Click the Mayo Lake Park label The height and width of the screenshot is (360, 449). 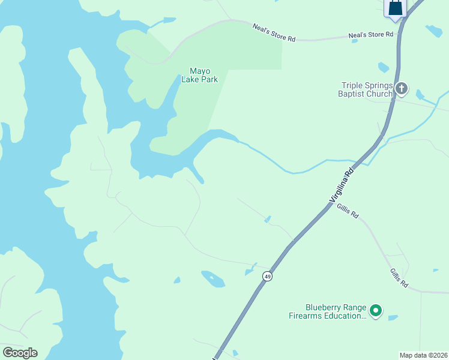click(x=199, y=74)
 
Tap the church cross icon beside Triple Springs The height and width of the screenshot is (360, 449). click(x=402, y=89)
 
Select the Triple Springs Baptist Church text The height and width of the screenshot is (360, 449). click(x=366, y=89)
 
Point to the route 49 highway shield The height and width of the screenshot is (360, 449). click(x=267, y=276)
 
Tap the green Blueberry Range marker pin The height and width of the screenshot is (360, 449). click(x=376, y=310)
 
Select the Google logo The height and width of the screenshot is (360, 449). click(x=20, y=353)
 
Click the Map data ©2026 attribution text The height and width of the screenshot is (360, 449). click(x=423, y=355)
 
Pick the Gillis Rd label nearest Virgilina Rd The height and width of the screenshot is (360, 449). click(x=348, y=211)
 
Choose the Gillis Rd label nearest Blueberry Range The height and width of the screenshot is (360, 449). click(x=399, y=277)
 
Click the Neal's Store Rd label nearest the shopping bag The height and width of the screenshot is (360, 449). click(x=371, y=35)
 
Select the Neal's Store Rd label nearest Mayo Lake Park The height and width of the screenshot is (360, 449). click(x=274, y=33)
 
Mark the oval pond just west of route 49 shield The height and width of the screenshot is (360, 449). click(x=212, y=278)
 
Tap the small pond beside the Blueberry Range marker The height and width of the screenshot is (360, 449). click(x=393, y=317)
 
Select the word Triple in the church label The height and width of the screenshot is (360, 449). click(x=353, y=85)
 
